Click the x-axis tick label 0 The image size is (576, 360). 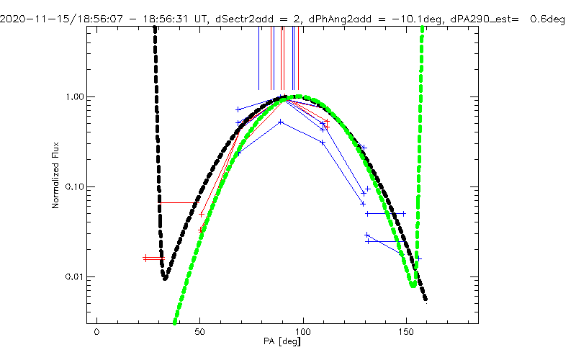(x=96, y=332)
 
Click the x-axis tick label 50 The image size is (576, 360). (x=199, y=332)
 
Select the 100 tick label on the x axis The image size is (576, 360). (x=303, y=332)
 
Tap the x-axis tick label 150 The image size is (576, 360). (x=407, y=332)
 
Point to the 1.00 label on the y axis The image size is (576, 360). (x=76, y=96)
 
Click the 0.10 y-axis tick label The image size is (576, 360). (x=76, y=186)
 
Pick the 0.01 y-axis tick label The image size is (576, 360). (x=76, y=277)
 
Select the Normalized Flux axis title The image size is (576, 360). (x=55, y=176)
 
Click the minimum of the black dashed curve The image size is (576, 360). (x=166, y=278)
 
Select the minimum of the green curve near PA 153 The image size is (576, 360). (x=412, y=284)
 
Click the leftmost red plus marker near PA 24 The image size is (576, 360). (x=145, y=257)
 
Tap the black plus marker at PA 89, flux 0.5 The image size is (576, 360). (x=281, y=122)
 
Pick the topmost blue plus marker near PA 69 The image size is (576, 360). (x=238, y=109)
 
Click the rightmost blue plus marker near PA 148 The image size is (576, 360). (x=403, y=213)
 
